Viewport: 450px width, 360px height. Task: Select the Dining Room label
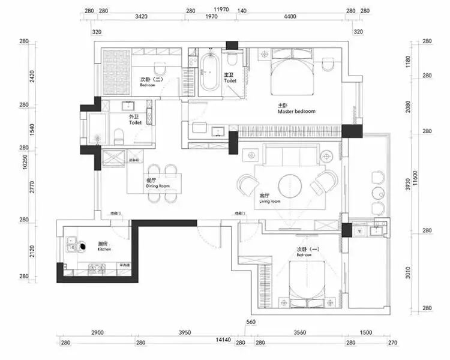[x=158, y=185]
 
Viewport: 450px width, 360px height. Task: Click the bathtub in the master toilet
[x=209, y=73]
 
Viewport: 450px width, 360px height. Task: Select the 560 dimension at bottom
[x=251, y=322]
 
